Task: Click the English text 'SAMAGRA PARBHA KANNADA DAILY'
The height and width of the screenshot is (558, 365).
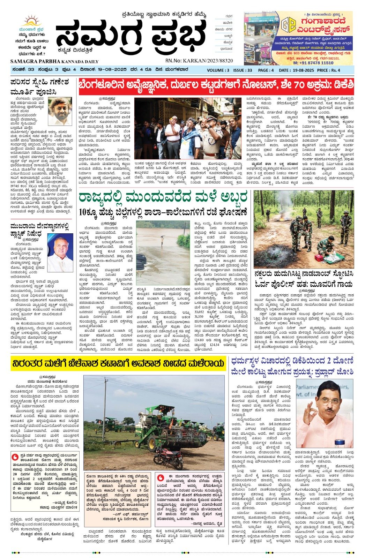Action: coord(54,61)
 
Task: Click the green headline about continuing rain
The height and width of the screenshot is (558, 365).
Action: coord(163,197)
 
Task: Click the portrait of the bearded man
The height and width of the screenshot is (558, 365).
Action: coord(60,112)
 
